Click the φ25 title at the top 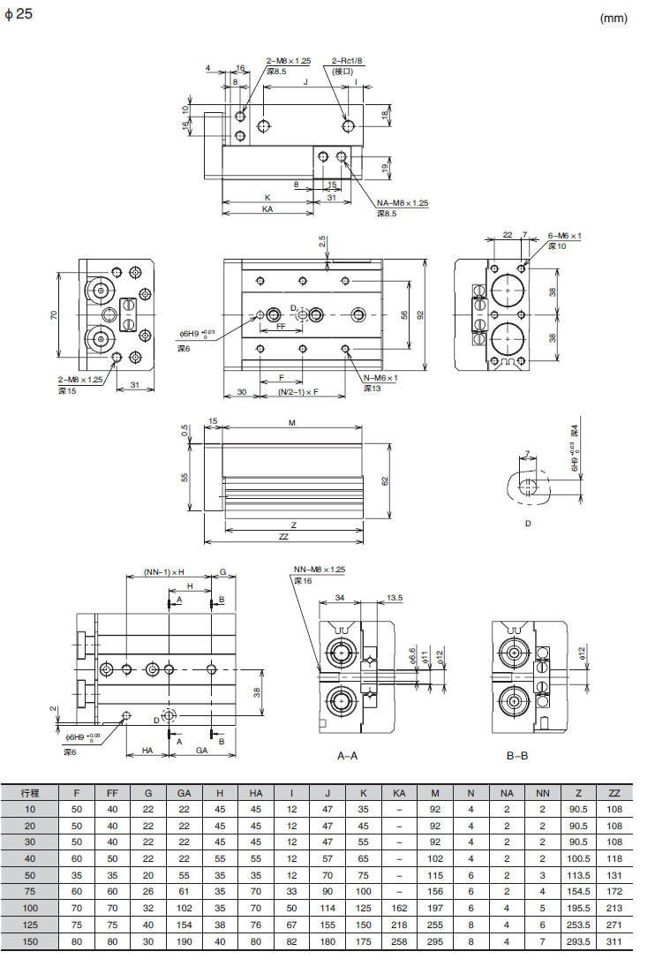pos(19,17)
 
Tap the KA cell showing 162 pos(398,910)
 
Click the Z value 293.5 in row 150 pos(577,943)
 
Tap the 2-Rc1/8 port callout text pos(346,61)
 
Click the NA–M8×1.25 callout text pos(402,203)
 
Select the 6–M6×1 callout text pos(565,236)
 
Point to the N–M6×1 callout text pos(381,378)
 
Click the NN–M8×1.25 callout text pos(319,570)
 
